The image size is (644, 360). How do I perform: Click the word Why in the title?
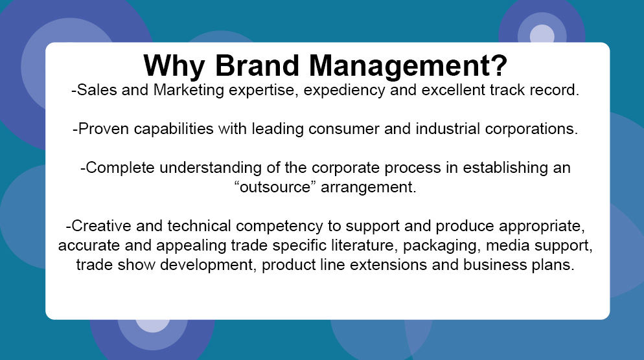(174, 66)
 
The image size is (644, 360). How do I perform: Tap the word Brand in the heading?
(257, 65)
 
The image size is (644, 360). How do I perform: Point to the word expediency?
(344, 91)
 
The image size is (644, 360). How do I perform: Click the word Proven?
(104, 129)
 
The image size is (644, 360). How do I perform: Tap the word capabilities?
(174, 129)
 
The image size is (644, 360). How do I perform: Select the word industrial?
(448, 129)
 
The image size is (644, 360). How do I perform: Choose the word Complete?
(120, 168)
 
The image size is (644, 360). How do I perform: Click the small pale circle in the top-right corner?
(542, 34)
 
